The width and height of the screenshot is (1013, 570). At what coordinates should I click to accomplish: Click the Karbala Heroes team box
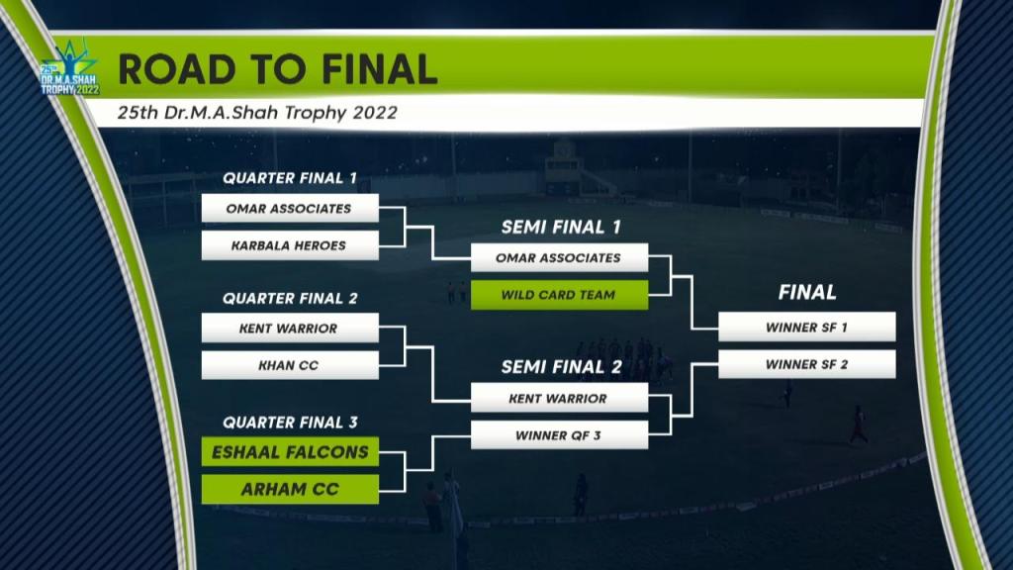(x=290, y=245)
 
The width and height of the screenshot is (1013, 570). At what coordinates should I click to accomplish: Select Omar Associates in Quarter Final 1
(x=290, y=208)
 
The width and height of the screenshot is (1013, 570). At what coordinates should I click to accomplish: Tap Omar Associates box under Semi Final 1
(x=560, y=258)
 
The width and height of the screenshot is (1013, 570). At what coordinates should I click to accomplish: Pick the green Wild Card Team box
(x=560, y=295)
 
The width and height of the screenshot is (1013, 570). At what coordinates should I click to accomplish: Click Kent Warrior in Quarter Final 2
(x=290, y=329)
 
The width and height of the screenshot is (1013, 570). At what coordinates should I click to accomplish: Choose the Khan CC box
(x=290, y=365)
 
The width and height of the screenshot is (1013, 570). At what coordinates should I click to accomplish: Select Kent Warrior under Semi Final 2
(x=560, y=398)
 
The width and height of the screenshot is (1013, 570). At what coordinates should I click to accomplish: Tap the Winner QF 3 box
(x=560, y=435)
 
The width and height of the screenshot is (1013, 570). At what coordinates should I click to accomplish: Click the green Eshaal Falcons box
(x=290, y=451)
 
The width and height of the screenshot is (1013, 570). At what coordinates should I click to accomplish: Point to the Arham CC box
(x=290, y=489)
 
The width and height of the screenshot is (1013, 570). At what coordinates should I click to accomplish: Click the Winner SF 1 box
(x=807, y=327)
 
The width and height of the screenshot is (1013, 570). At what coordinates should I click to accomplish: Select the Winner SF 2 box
(x=807, y=364)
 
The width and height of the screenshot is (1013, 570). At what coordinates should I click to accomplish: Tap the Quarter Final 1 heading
(x=290, y=178)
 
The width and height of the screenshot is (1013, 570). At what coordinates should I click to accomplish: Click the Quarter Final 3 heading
(x=290, y=423)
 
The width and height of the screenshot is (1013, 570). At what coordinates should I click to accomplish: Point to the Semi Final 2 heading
(x=562, y=367)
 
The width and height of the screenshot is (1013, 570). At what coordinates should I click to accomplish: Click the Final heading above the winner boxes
(x=807, y=293)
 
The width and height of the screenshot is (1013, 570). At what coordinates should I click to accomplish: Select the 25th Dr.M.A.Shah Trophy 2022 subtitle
(x=257, y=113)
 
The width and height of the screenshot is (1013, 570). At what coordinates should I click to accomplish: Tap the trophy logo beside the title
(x=70, y=68)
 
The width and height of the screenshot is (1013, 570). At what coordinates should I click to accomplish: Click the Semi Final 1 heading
(x=562, y=227)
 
